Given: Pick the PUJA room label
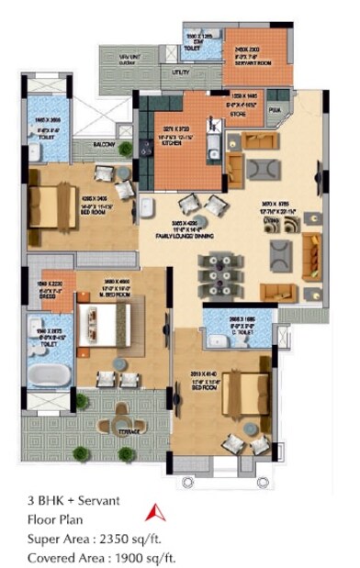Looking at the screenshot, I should pos(273,109).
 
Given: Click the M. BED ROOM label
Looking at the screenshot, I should pos(122,293).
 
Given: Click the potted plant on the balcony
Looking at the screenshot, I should pos(126,148).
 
